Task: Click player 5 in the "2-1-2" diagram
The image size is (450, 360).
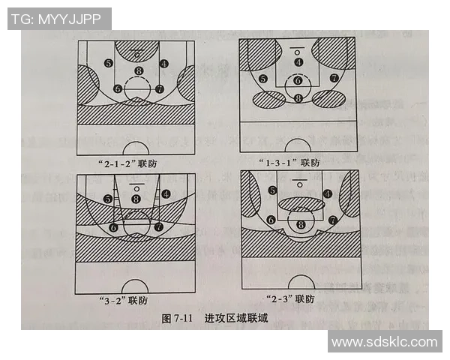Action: [x=109, y=63]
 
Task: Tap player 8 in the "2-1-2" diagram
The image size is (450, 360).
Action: [x=138, y=71]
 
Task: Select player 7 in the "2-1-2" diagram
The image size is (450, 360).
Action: [x=159, y=88]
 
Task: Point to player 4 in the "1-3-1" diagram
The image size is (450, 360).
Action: [x=298, y=62]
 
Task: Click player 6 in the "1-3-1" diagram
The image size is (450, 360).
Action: [x=298, y=80]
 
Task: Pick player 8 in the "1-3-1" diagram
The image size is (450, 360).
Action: [x=298, y=97]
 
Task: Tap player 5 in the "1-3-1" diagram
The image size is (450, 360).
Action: [x=262, y=79]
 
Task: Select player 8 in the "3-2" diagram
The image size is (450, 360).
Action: [x=136, y=199]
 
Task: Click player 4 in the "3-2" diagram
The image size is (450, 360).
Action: [x=165, y=193]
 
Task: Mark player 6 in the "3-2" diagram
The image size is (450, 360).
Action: [x=114, y=226]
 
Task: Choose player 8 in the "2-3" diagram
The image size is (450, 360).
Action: [x=301, y=223]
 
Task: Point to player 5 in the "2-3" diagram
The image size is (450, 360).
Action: [x=272, y=191]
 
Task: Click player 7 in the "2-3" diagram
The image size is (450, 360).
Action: [x=332, y=220]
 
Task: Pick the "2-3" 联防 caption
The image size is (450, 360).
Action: [x=293, y=298]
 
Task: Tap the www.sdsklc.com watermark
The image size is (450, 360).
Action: [x=384, y=342]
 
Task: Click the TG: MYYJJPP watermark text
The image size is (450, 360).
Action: [x=58, y=19]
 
